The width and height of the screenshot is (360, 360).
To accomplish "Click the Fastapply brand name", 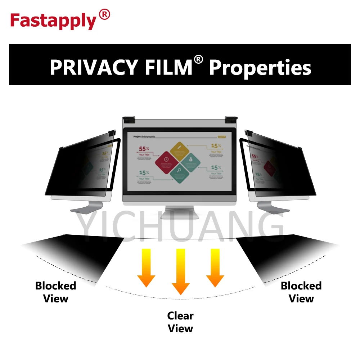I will point(53,21).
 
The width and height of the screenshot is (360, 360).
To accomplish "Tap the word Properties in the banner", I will point(260,67).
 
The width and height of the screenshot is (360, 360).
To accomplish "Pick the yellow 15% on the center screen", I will point(216,146).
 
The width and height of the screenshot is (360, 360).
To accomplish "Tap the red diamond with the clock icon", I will point(166,159).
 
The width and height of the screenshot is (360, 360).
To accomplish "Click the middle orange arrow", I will point(180,271).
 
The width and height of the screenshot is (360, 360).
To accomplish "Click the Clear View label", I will point(180,322).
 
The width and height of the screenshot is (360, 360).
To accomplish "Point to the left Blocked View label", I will point(56,292).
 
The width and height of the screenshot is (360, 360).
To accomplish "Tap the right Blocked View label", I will point(301,292).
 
